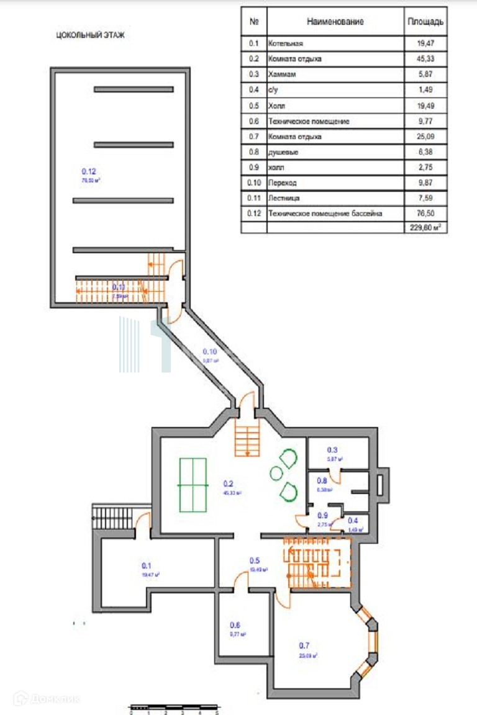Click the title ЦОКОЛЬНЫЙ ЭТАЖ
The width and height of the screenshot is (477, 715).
[90, 35]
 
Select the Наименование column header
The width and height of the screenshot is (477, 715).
[335, 22]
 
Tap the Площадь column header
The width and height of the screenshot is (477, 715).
[425, 22]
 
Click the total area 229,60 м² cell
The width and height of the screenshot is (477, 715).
[425, 228]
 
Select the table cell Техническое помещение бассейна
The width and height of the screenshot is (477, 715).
[324, 214]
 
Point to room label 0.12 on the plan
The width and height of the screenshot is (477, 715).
[89, 171]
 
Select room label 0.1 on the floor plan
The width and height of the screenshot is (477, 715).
[147, 565]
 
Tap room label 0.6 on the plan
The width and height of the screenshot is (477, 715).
[235, 625]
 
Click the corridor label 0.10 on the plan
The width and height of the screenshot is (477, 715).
[211, 351]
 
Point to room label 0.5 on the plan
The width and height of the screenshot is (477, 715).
[255, 559]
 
